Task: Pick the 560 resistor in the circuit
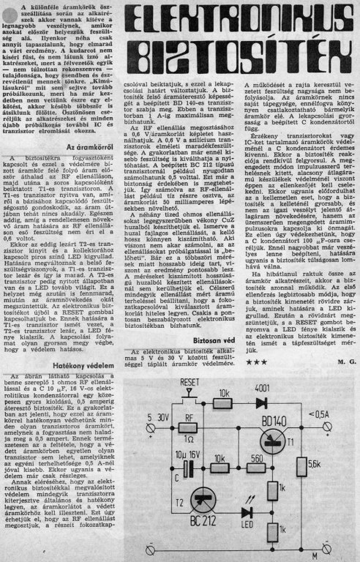256,468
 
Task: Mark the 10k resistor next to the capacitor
220,468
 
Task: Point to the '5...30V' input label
158,418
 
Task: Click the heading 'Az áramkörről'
91,148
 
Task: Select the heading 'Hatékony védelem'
83,365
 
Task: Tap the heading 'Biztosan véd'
214,340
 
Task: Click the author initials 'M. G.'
346,361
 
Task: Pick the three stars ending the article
256,362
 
